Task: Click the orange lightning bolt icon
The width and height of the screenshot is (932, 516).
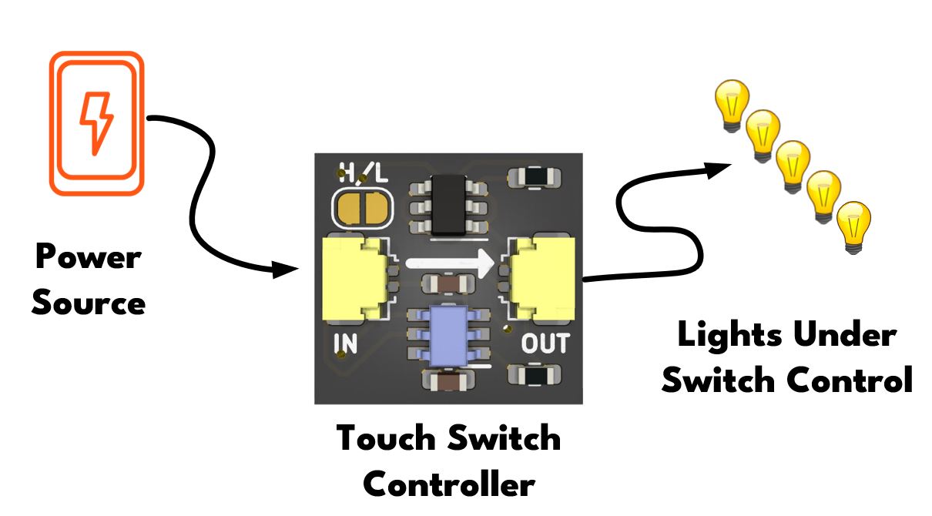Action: click(97, 122)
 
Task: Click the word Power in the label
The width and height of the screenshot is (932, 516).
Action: click(89, 256)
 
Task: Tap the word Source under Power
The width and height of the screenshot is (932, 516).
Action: click(89, 302)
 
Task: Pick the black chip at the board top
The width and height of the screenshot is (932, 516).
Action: click(452, 204)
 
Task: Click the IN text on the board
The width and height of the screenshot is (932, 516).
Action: click(345, 344)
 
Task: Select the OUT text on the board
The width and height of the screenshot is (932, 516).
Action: click(545, 344)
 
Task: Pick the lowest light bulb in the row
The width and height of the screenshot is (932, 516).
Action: click(853, 224)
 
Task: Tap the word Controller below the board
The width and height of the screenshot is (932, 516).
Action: click(448, 484)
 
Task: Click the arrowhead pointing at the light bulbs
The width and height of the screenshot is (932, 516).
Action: click(720, 167)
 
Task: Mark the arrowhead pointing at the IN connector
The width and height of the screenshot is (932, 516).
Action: click(286, 270)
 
